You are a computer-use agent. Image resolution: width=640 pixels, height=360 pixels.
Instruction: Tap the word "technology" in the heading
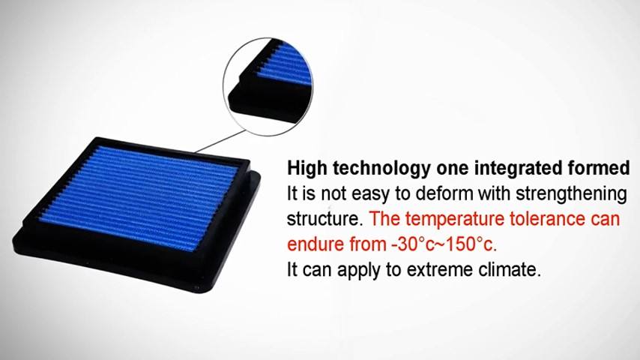coord(381,168)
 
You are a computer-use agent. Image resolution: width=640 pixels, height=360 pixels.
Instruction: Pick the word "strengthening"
coord(571,194)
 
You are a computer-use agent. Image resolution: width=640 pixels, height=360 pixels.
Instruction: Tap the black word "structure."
coord(325,218)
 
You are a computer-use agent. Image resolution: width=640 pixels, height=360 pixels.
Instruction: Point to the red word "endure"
coord(316,244)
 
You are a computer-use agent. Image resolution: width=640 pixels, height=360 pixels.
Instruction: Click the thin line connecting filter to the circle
coord(221,141)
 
